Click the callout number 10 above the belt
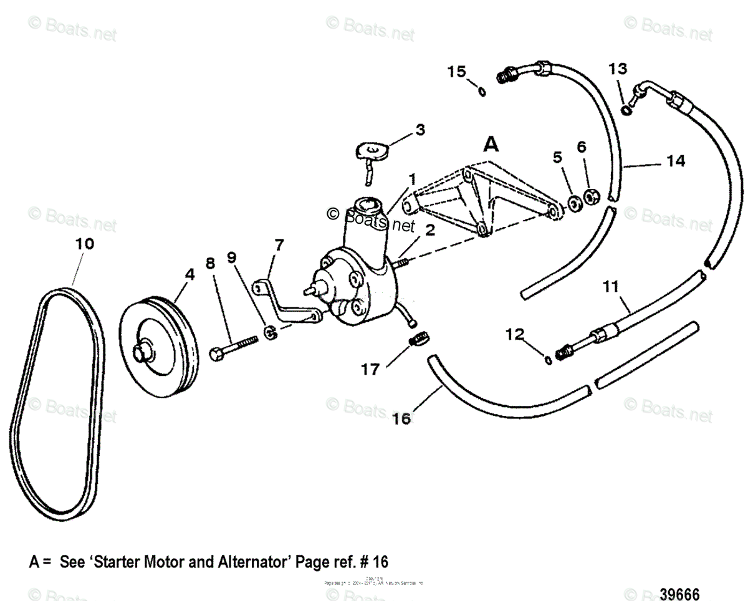85,244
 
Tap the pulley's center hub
144,351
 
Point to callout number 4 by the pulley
189,274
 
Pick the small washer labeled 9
271,332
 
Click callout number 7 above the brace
279,244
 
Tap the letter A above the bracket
492,146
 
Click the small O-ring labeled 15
481,92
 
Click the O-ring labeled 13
626,111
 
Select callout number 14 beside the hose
674,161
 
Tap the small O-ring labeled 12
547,360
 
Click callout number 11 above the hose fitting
611,288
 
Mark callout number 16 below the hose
402,419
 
